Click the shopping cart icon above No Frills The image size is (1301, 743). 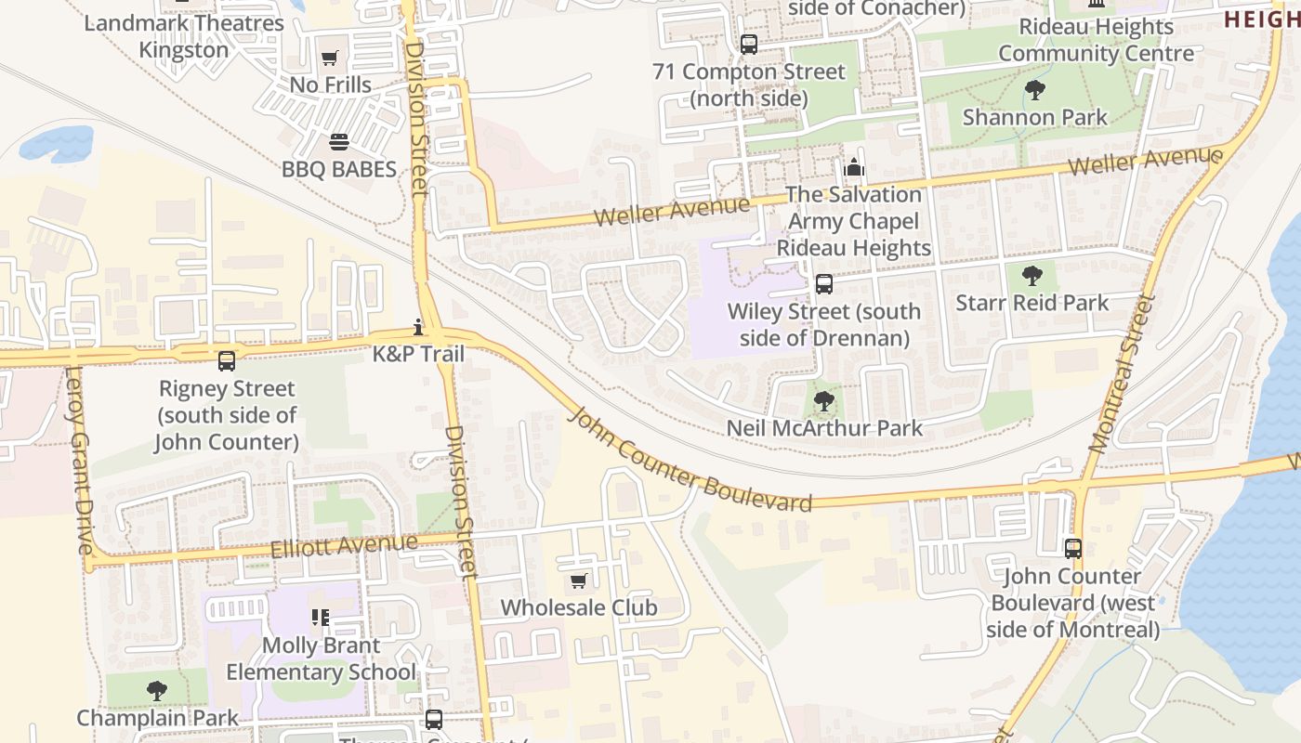(x=329, y=59)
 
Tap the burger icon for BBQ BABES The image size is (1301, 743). (x=339, y=143)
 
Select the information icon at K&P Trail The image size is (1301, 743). (x=419, y=327)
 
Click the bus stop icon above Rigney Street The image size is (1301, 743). (x=226, y=360)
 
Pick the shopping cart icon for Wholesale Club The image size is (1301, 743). (x=578, y=581)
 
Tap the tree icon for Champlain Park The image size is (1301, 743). (x=157, y=691)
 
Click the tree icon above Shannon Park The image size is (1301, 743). (x=1034, y=90)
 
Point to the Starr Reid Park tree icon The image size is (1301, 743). (x=1032, y=276)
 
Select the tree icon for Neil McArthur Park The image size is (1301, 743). (x=823, y=401)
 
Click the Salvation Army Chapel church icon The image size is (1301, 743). (x=853, y=168)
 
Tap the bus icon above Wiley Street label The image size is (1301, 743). (x=823, y=284)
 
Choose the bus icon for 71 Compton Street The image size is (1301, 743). (x=749, y=45)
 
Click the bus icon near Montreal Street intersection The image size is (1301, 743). (x=1073, y=549)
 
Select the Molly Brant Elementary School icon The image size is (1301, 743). (x=321, y=618)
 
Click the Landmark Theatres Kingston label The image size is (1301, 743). (x=184, y=36)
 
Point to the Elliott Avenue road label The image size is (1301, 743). (x=344, y=544)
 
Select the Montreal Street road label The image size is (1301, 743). (x=1124, y=373)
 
